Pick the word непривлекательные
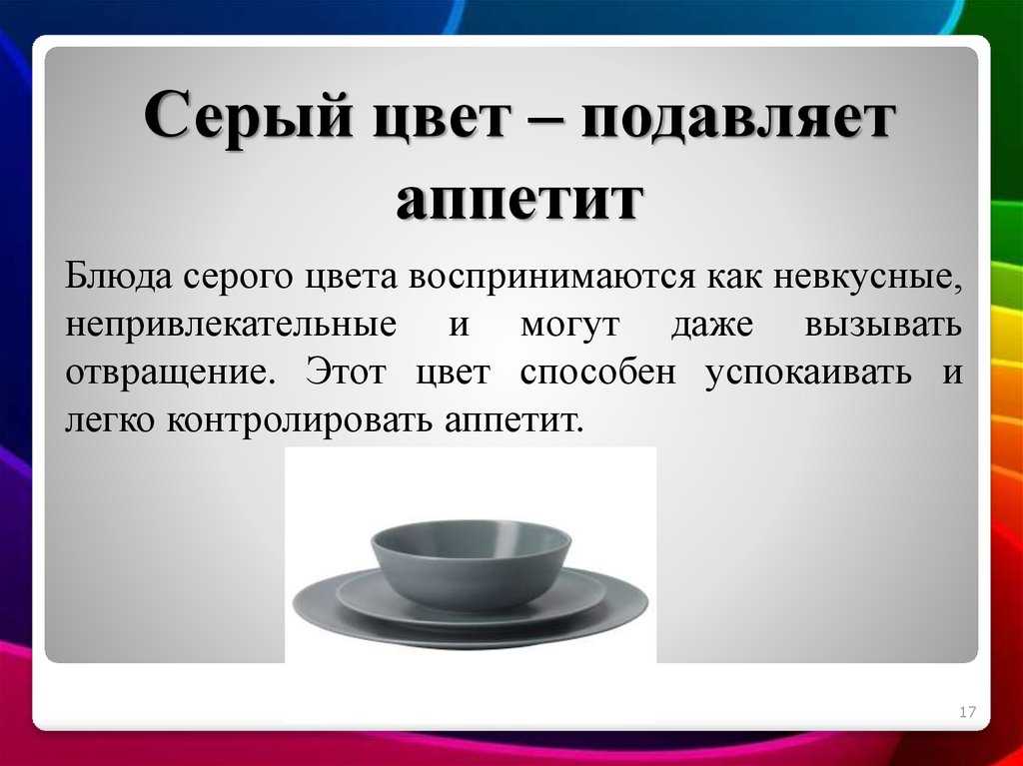(x=231, y=326)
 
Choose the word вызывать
(x=883, y=325)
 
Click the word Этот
(x=346, y=372)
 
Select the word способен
(x=598, y=372)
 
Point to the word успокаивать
(x=808, y=373)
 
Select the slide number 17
(x=967, y=712)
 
